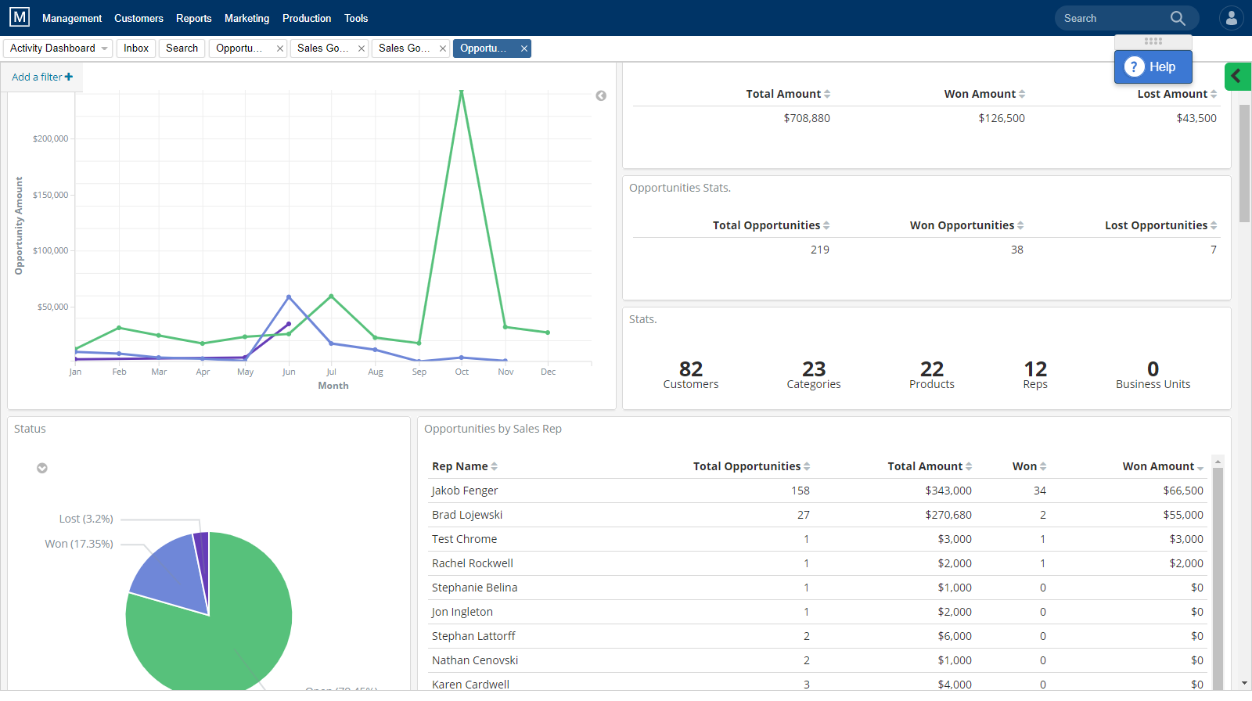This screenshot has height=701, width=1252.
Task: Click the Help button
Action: [1153, 67]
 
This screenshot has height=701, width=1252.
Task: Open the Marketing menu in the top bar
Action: [246, 18]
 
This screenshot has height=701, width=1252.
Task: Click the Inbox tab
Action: [136, 49]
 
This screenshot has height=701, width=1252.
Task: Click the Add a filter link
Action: [41, 77]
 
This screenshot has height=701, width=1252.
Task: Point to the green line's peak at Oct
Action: [462, 92]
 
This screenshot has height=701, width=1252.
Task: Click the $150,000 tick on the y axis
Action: [50, 195]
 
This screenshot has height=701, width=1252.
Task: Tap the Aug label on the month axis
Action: [376, 372]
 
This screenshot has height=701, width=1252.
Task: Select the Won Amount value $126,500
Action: [1001, 118]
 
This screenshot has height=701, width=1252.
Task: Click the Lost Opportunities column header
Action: [1156, 225]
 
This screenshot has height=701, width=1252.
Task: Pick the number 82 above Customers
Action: [690, 368]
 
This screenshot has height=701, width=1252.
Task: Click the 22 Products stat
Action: [931, 374]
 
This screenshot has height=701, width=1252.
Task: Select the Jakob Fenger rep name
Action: [465, 491]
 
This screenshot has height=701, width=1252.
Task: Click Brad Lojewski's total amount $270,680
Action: [948, 515]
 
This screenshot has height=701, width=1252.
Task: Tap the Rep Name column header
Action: [460, 466]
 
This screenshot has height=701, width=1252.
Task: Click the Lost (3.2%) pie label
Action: [86, 519]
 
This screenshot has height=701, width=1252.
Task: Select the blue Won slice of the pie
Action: [168, 575]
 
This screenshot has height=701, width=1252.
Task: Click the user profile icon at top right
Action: [1231, 18]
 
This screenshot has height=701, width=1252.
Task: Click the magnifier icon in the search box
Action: [1178, 18]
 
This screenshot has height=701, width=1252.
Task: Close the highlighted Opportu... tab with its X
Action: [524, 49]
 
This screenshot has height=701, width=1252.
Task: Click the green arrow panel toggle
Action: [1236, 76]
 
